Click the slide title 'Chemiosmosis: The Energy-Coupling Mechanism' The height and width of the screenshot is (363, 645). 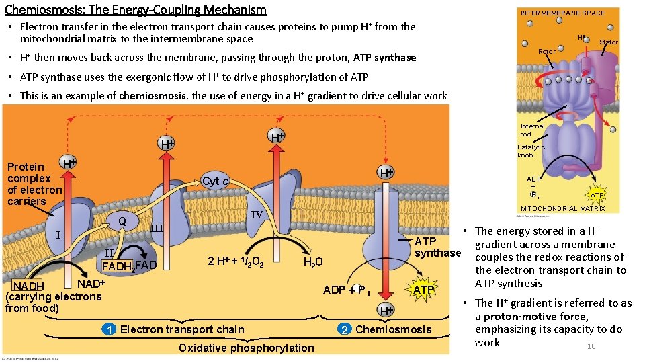pos(135,10)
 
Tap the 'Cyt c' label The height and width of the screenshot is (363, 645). pos(216,182)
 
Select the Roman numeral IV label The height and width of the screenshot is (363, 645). pos(256,216)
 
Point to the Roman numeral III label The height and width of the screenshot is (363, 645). pos(157,228)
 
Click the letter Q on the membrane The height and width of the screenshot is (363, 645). pos(122,221)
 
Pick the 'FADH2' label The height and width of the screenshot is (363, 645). pos(117,265)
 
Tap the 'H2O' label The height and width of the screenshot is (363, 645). pos(313,262)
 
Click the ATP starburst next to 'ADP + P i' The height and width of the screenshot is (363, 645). pos(423,290)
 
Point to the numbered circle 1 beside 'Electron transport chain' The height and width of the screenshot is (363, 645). pos(108,329)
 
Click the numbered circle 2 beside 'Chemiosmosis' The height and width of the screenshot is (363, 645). pos(345,329)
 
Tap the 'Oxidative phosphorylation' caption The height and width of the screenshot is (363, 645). pos(246,348)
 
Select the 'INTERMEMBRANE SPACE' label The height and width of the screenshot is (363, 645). pos(562,13)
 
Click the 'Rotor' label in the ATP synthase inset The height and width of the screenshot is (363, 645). pos(547,52)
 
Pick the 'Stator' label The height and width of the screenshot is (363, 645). pos(608,42)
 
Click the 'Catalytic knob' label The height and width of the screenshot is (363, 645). pos(531,151)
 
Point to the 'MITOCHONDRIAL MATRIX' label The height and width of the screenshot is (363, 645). pos(562,208)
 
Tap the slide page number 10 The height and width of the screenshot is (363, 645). pos(591,346)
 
